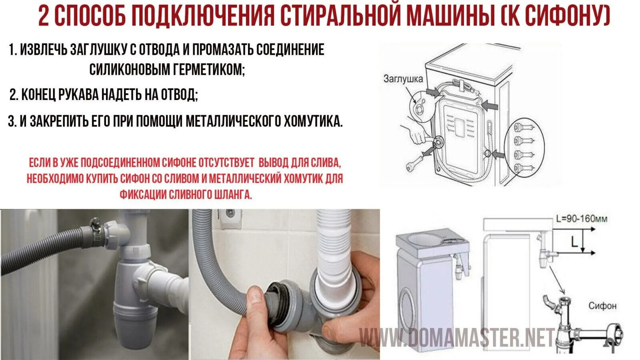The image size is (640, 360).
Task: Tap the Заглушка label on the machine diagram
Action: [x=403, y=79]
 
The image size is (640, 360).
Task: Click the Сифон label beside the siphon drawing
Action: [x=602, y=306]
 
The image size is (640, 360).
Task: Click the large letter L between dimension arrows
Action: [x=574, y=242]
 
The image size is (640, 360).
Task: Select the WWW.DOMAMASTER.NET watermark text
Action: [x=458, y=338]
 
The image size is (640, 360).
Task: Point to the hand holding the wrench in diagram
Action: [x=414, y=134]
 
